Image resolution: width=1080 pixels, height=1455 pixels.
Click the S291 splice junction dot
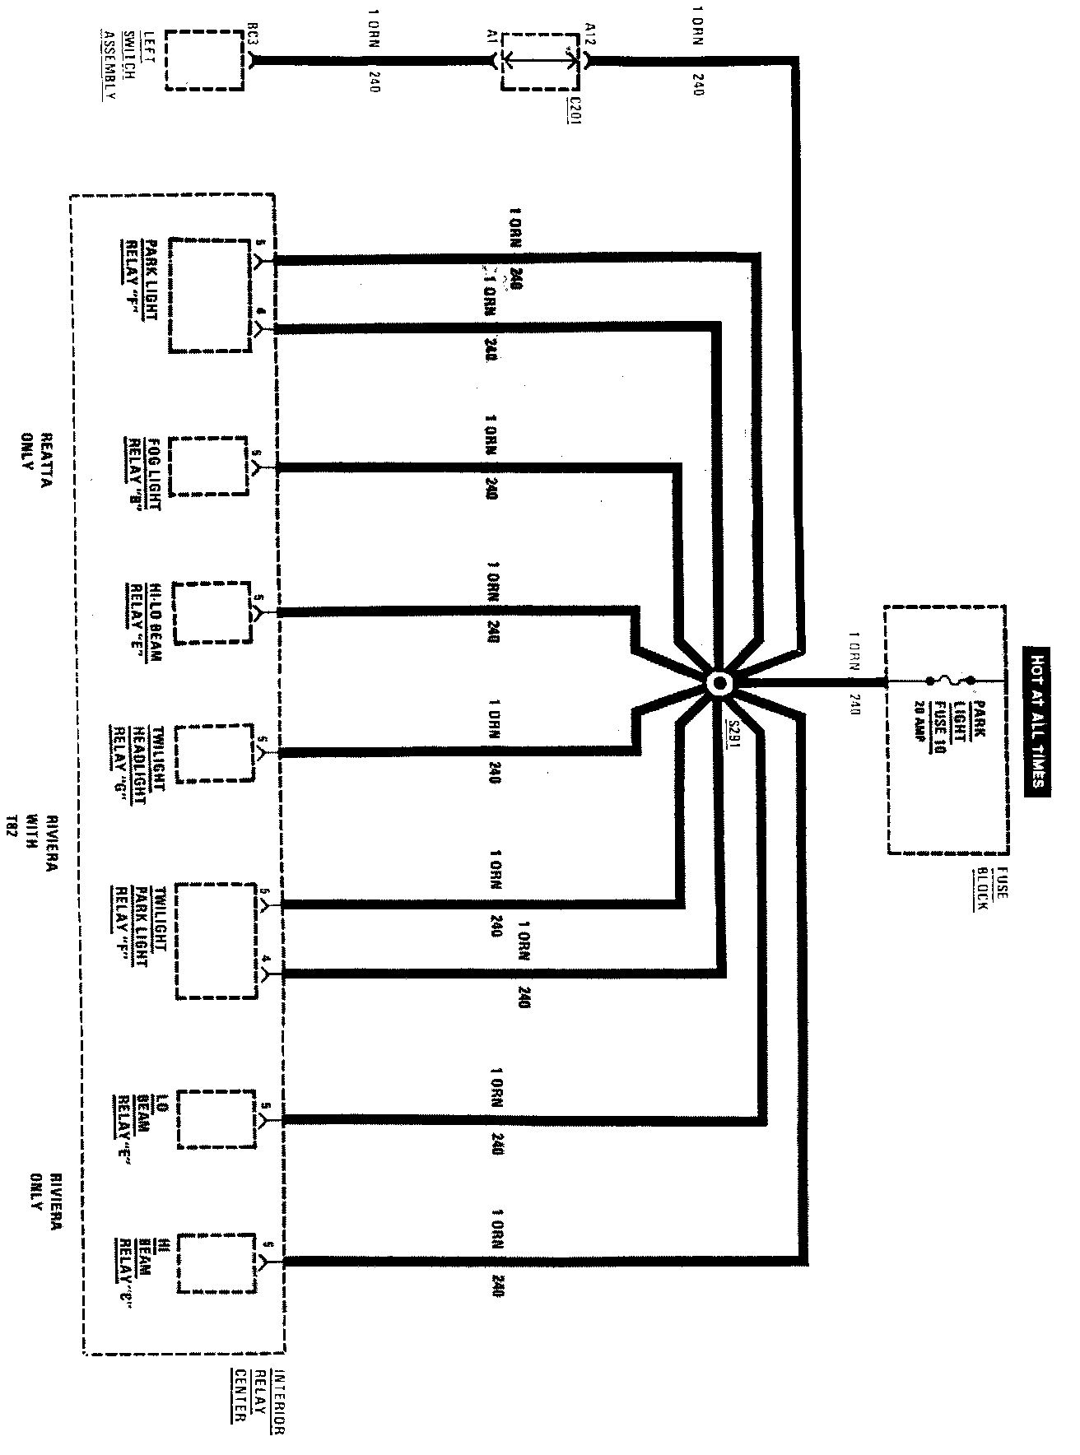tap(719, 683)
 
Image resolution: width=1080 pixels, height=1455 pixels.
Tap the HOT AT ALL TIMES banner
tap(1036, 718)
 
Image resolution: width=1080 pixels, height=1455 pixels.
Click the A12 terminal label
tap(589, 35)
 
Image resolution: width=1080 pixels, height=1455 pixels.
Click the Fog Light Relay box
tap(208, 466)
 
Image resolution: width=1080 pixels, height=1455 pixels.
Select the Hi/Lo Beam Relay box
tap(212, 612)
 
